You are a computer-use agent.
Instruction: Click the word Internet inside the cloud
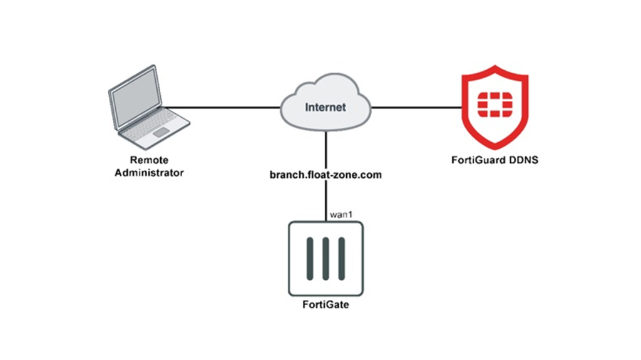[325, 107]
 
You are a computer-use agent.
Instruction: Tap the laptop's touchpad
[162, 131]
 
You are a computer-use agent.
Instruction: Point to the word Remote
[149, 160]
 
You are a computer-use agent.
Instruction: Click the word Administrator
[149, 172]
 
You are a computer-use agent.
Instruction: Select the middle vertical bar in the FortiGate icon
[326, 259]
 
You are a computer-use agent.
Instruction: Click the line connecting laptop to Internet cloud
[222, 107]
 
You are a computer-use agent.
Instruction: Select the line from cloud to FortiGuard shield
[413, 107]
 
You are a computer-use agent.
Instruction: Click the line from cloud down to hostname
[326, 149]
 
